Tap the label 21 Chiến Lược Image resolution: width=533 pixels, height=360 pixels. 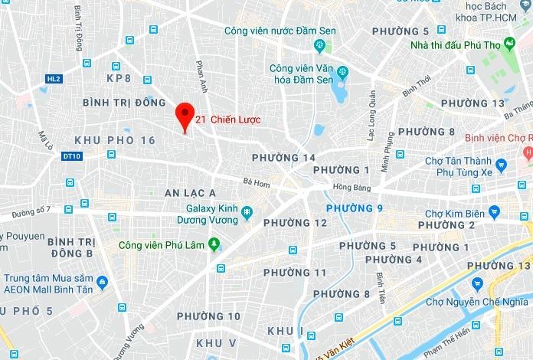click(228, 119)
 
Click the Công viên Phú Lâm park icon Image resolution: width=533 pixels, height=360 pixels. click(214, 244)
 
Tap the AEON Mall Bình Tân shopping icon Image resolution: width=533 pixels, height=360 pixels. click(103, 282)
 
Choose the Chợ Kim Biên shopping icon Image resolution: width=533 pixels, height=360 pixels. click(495, 212)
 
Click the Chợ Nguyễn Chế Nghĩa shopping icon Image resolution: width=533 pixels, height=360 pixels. click(478, 284)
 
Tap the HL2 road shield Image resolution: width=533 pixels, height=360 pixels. click(53, 79)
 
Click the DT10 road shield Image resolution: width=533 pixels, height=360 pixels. click(71, 156)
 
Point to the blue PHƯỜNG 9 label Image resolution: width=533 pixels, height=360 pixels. click(354, 208)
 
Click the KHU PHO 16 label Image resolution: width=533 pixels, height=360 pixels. click(115, 140)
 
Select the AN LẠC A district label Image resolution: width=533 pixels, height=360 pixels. click(191, 193)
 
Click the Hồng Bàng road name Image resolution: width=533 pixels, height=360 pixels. click(352, 187)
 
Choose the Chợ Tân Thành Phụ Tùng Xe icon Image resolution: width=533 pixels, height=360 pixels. click(501, 165)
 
